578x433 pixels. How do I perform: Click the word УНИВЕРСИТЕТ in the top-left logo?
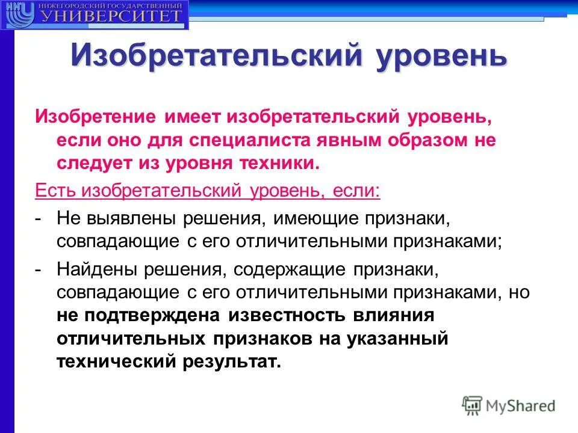pyautogui.click(x=111, y=16)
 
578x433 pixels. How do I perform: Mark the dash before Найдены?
pyautogui.click(x=38, y=269)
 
